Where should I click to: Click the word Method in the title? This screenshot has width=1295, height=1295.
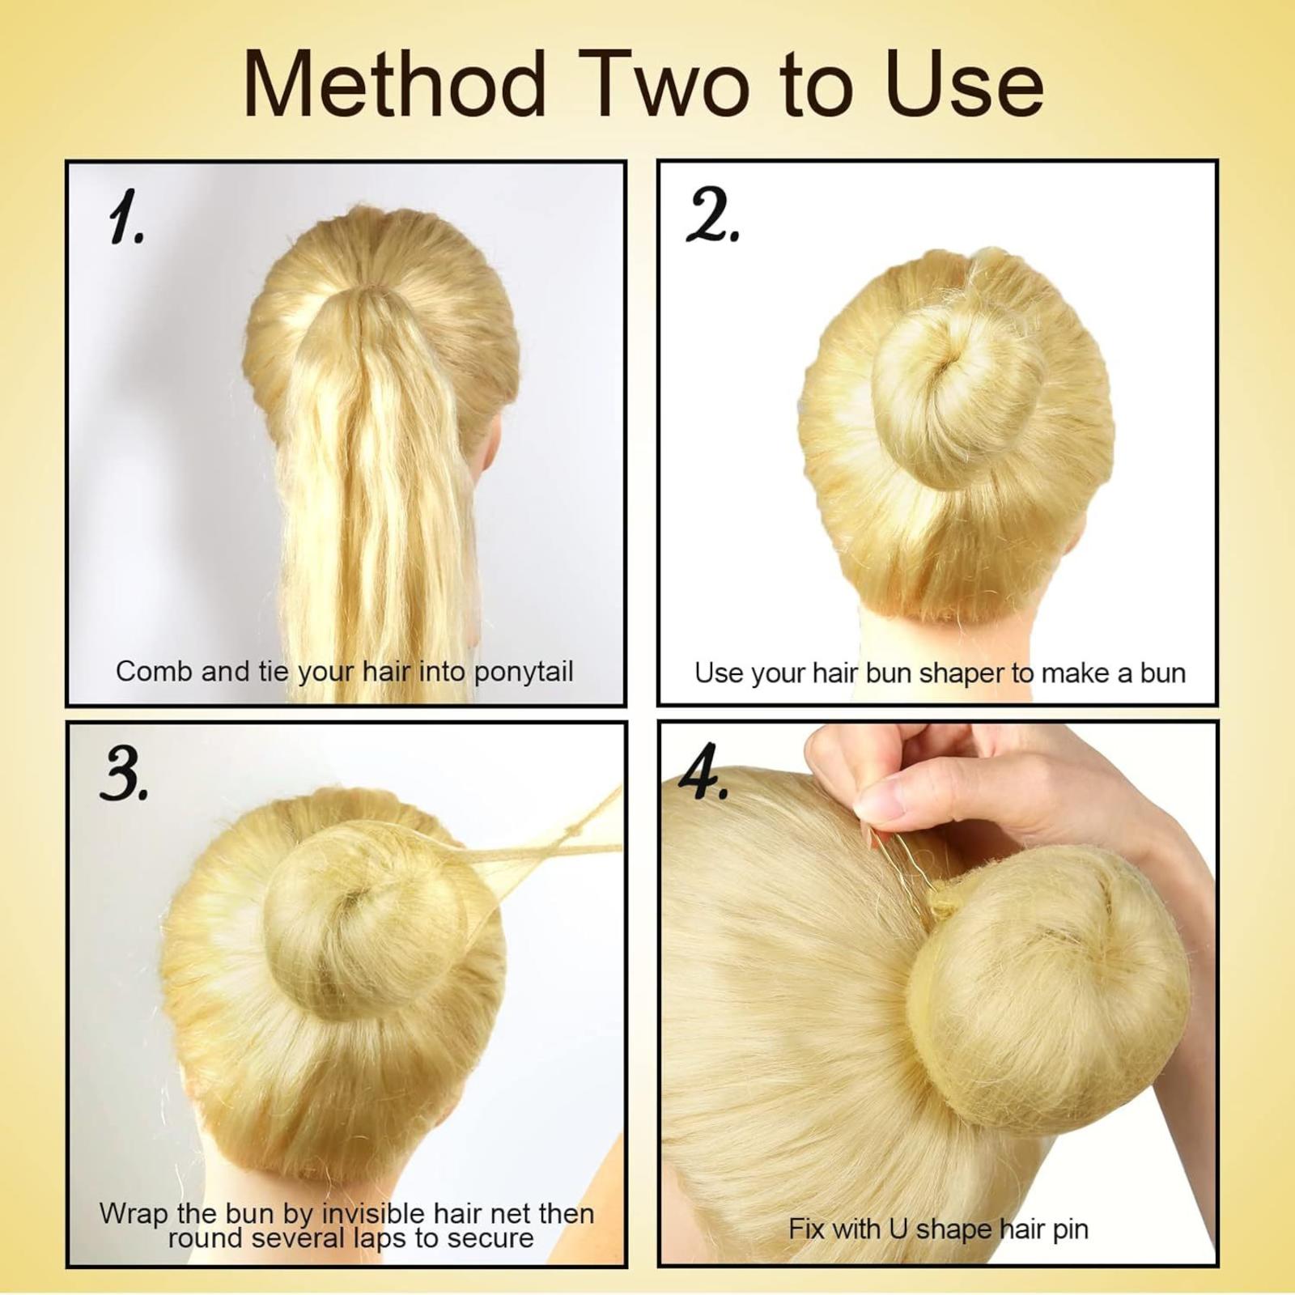395,84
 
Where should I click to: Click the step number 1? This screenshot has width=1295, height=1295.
125,218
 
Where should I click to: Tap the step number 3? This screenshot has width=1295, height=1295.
124,774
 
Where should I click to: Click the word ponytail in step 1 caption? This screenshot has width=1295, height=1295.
524,673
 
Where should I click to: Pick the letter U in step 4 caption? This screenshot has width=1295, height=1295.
898,1229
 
